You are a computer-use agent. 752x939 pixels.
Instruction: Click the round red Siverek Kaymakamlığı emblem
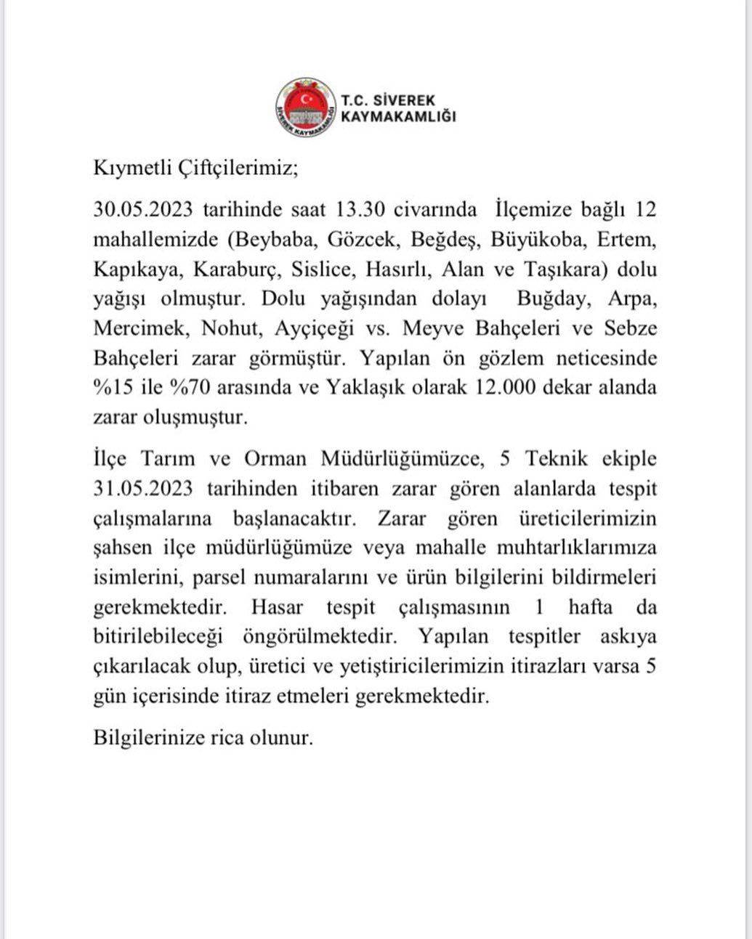coord(306,107)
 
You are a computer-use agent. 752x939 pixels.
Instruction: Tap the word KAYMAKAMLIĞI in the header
coord(398,116)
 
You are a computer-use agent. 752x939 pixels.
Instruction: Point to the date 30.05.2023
coord(142,210)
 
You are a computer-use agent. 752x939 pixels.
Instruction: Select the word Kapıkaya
coord(137,269)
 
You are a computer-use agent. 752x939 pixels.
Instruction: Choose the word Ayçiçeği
coord(314,329)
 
